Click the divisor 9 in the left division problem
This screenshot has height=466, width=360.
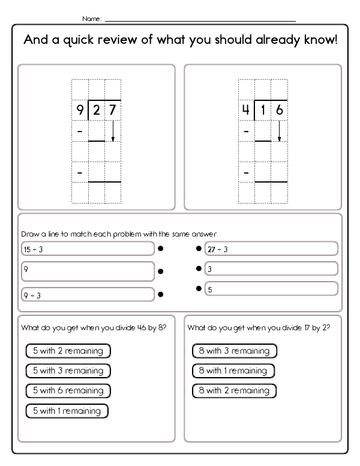(80, 110)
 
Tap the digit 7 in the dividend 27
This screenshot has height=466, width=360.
(112, 110)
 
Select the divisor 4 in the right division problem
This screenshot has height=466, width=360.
(246, 110)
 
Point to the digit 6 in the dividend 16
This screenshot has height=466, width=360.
(279, 110)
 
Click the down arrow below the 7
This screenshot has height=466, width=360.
(113, 132)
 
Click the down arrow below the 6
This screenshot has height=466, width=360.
(279, 132)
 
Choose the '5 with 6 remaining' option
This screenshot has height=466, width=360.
(68, 390)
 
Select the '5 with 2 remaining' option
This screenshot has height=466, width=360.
(68, 351)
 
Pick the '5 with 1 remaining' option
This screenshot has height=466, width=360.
(67, 411)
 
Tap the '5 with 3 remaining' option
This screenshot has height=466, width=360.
(68, 371)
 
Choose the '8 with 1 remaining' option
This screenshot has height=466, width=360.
(233, 371)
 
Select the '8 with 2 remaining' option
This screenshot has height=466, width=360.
(233, 390)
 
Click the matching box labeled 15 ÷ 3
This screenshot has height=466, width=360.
(87, 249)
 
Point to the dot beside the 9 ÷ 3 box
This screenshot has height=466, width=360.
(161, 295)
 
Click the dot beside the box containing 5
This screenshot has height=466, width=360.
(198, 289)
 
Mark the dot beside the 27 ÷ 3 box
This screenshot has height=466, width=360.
(198, 248)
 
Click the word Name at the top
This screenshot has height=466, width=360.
(92, 19)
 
